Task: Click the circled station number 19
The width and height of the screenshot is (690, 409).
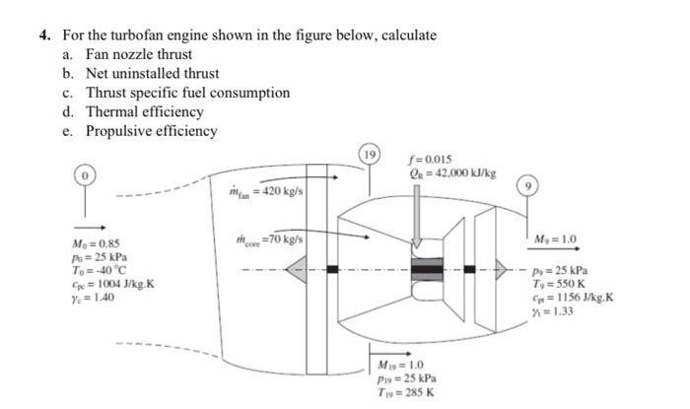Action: click(370, 154)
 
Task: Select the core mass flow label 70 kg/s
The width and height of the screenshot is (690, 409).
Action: click(271, 238)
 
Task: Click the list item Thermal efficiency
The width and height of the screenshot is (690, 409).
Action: click(144, 111)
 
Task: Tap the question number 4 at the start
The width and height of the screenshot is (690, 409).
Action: click(44, 34)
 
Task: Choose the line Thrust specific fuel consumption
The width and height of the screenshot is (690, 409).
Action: click(187, 93)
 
